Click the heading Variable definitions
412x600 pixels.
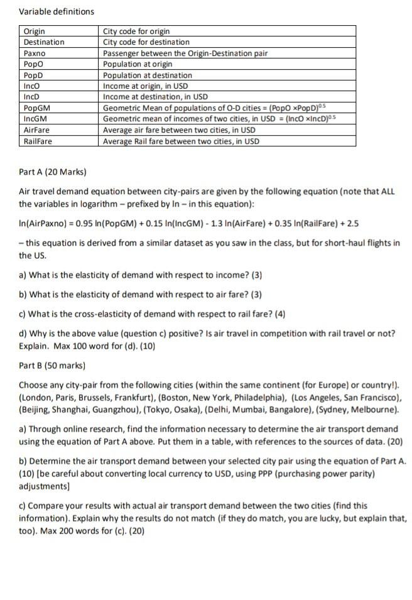(57, 11)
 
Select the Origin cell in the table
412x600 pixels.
(35, 31)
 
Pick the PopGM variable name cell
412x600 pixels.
(37, 107)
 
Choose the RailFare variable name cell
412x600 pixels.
(38, 141)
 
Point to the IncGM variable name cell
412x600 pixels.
(36, 119)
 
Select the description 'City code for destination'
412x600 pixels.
(146, 42)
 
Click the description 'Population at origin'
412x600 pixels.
(138, 64)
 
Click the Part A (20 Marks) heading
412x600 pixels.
(53, 172)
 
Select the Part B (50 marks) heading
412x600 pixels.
(52, 365)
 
